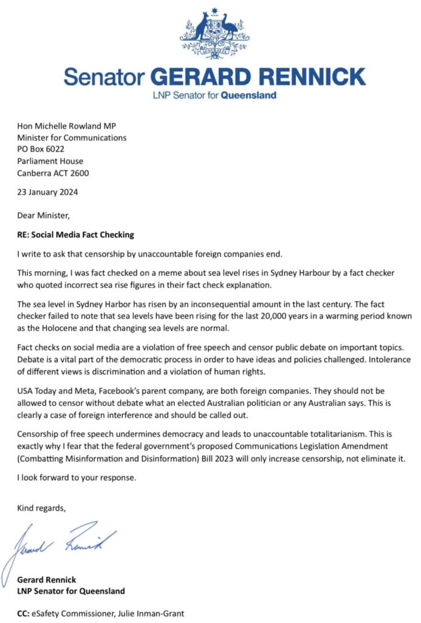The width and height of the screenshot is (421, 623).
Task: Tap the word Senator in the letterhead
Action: coord(103,77)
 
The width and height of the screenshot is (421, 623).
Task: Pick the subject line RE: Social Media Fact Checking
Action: coord(75,234)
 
